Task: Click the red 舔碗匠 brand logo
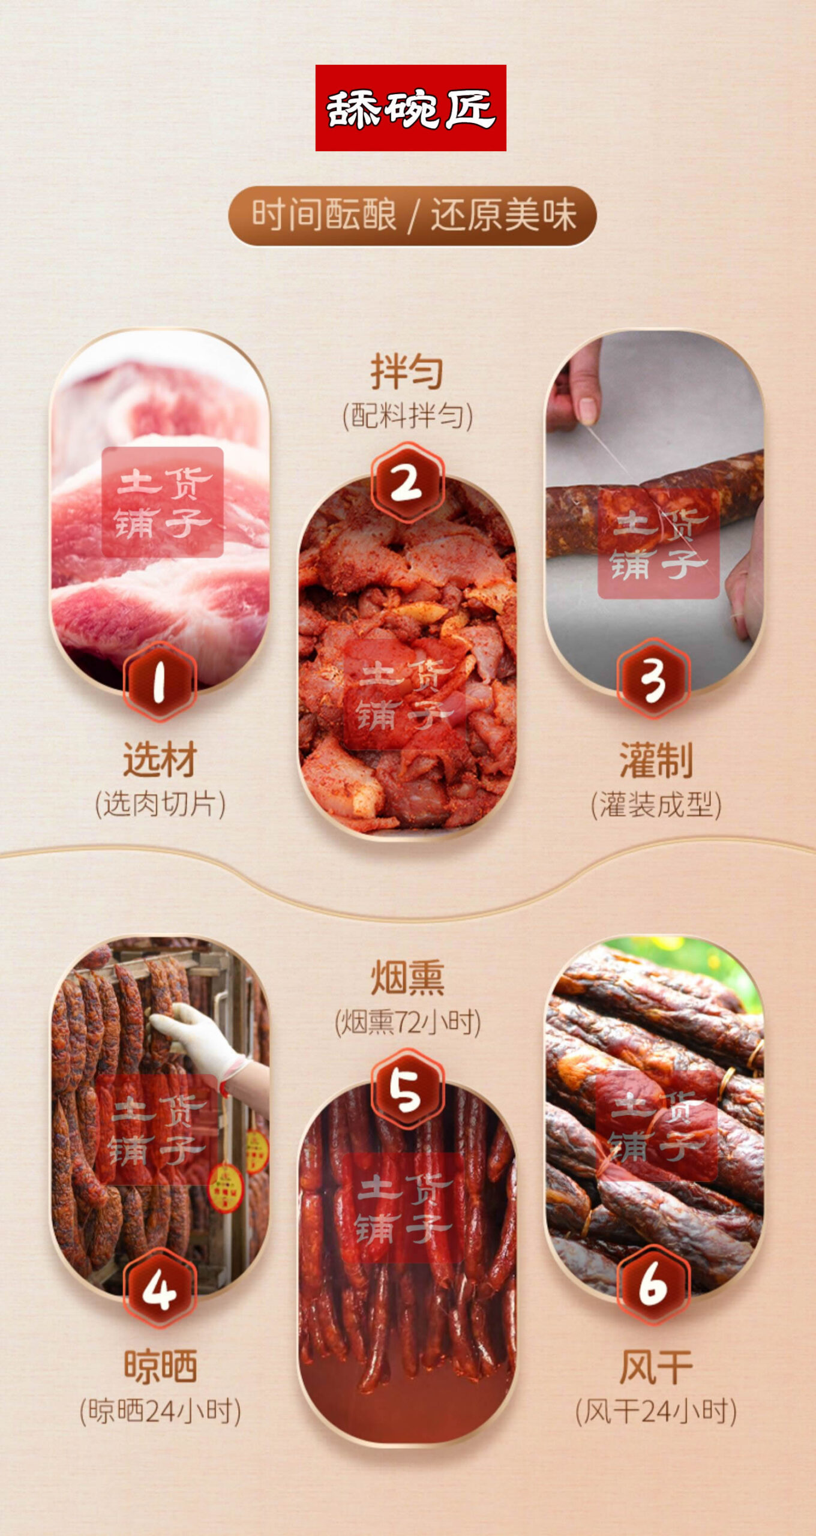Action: (411, 108)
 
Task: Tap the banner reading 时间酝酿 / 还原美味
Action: (413, 216)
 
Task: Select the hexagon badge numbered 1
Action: (160, 681)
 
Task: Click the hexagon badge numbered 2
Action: (407, 482)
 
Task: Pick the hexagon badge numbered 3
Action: (653, 679)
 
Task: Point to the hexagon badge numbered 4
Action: (160, 1288)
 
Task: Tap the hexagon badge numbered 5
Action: (407, 1089)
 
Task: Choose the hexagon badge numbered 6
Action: (653, 1285)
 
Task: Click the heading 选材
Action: (160, 760)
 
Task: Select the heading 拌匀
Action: (407, 371)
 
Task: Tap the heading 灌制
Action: (656, 760)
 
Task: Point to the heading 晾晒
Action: (161, 1367)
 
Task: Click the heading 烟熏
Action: (408, 977)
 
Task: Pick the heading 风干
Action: (656, 1367)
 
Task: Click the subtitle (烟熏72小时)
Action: (408, 1022)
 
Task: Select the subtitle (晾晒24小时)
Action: (161, 1411)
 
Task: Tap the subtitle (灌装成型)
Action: (656, 805)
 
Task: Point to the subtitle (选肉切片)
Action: (160, 804)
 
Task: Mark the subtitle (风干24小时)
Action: (656, 1411)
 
